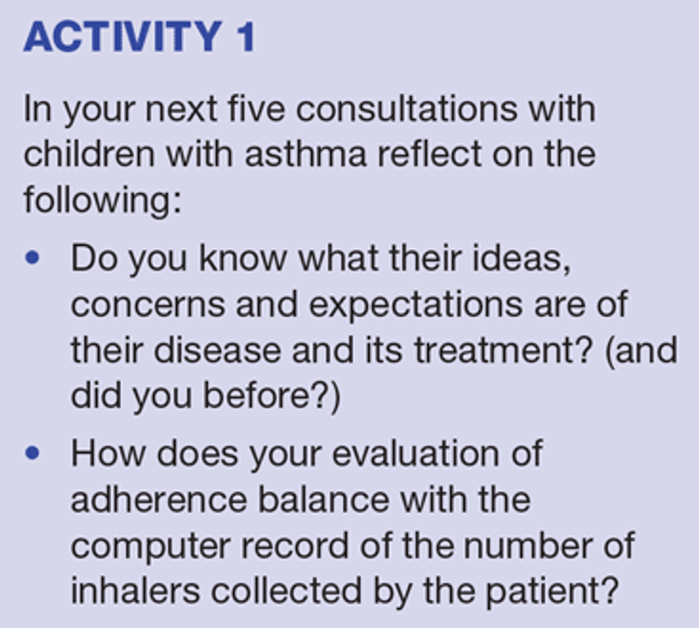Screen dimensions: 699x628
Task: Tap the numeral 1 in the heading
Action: tap(245, 36)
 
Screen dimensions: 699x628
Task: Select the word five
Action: tap(256, 109)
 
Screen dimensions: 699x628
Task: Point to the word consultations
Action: tap(406, 109)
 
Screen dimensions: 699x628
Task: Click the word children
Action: tap(89, 154)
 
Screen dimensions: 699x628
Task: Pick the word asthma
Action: tap(306, 154)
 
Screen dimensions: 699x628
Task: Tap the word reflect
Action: tap(430, 154)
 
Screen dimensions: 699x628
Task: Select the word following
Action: tap(103, 200)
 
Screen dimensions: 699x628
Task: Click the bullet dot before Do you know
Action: tap(33, 258)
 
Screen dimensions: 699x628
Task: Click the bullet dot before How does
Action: tap(33, 453)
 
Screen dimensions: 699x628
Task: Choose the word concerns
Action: tap(148, 305)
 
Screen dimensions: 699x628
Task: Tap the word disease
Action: tap(217, 350)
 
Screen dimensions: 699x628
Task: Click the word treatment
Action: tap(503, 350)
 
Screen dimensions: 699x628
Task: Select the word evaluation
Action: tap(416, 454)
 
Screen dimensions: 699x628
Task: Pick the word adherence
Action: tap(159, 499)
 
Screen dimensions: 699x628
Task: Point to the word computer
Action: tap(151, 547)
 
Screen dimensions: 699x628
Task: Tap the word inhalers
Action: tap(135, 591)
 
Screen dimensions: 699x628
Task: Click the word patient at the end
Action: tap(552, 592)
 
